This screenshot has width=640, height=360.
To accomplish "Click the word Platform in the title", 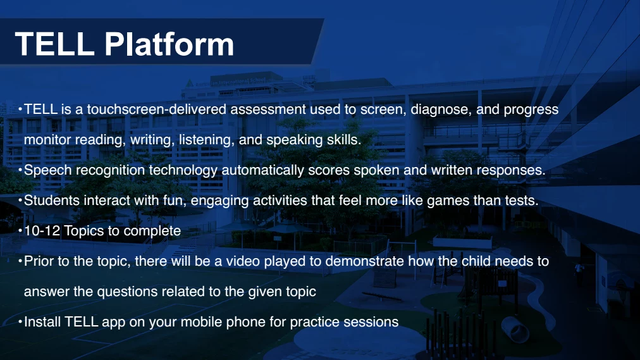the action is (x=169, y=44).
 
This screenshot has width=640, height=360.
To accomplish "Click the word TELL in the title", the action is (x=54, y=44).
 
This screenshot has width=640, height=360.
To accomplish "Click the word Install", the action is (x=42, y=322).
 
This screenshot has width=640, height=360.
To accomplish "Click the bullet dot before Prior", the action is (x=20, y=261).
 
